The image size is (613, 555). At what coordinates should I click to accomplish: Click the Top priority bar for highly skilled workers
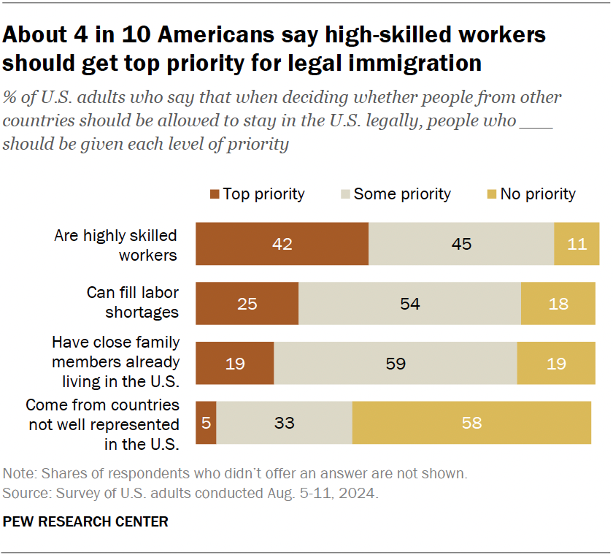(282, 244)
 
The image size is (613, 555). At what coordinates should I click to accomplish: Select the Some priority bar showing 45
(461, 244)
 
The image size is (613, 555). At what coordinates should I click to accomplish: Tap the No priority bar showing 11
(577, 244)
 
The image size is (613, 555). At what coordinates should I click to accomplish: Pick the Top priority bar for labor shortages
(247, 303)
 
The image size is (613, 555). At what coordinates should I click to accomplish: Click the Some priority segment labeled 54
(409, 303)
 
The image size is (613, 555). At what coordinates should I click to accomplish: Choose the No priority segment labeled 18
(558, 303)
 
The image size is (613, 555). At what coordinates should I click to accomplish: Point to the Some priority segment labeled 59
(395, 363)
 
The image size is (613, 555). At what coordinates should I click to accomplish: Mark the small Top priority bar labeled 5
(206, 422)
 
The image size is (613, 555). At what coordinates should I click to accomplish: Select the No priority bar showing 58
(471, 422)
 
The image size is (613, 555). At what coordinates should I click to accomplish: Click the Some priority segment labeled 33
(284, 422)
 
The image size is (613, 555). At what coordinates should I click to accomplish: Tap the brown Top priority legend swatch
(214, 194)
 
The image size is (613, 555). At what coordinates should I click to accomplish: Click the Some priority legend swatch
(344, 194)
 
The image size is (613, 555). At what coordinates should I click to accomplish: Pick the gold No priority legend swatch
(491, 194)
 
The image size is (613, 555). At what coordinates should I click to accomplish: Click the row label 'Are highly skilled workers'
(117, 245)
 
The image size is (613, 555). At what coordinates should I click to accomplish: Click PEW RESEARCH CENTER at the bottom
(85, 521)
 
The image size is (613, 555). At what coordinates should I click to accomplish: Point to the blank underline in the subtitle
(536, 121)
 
